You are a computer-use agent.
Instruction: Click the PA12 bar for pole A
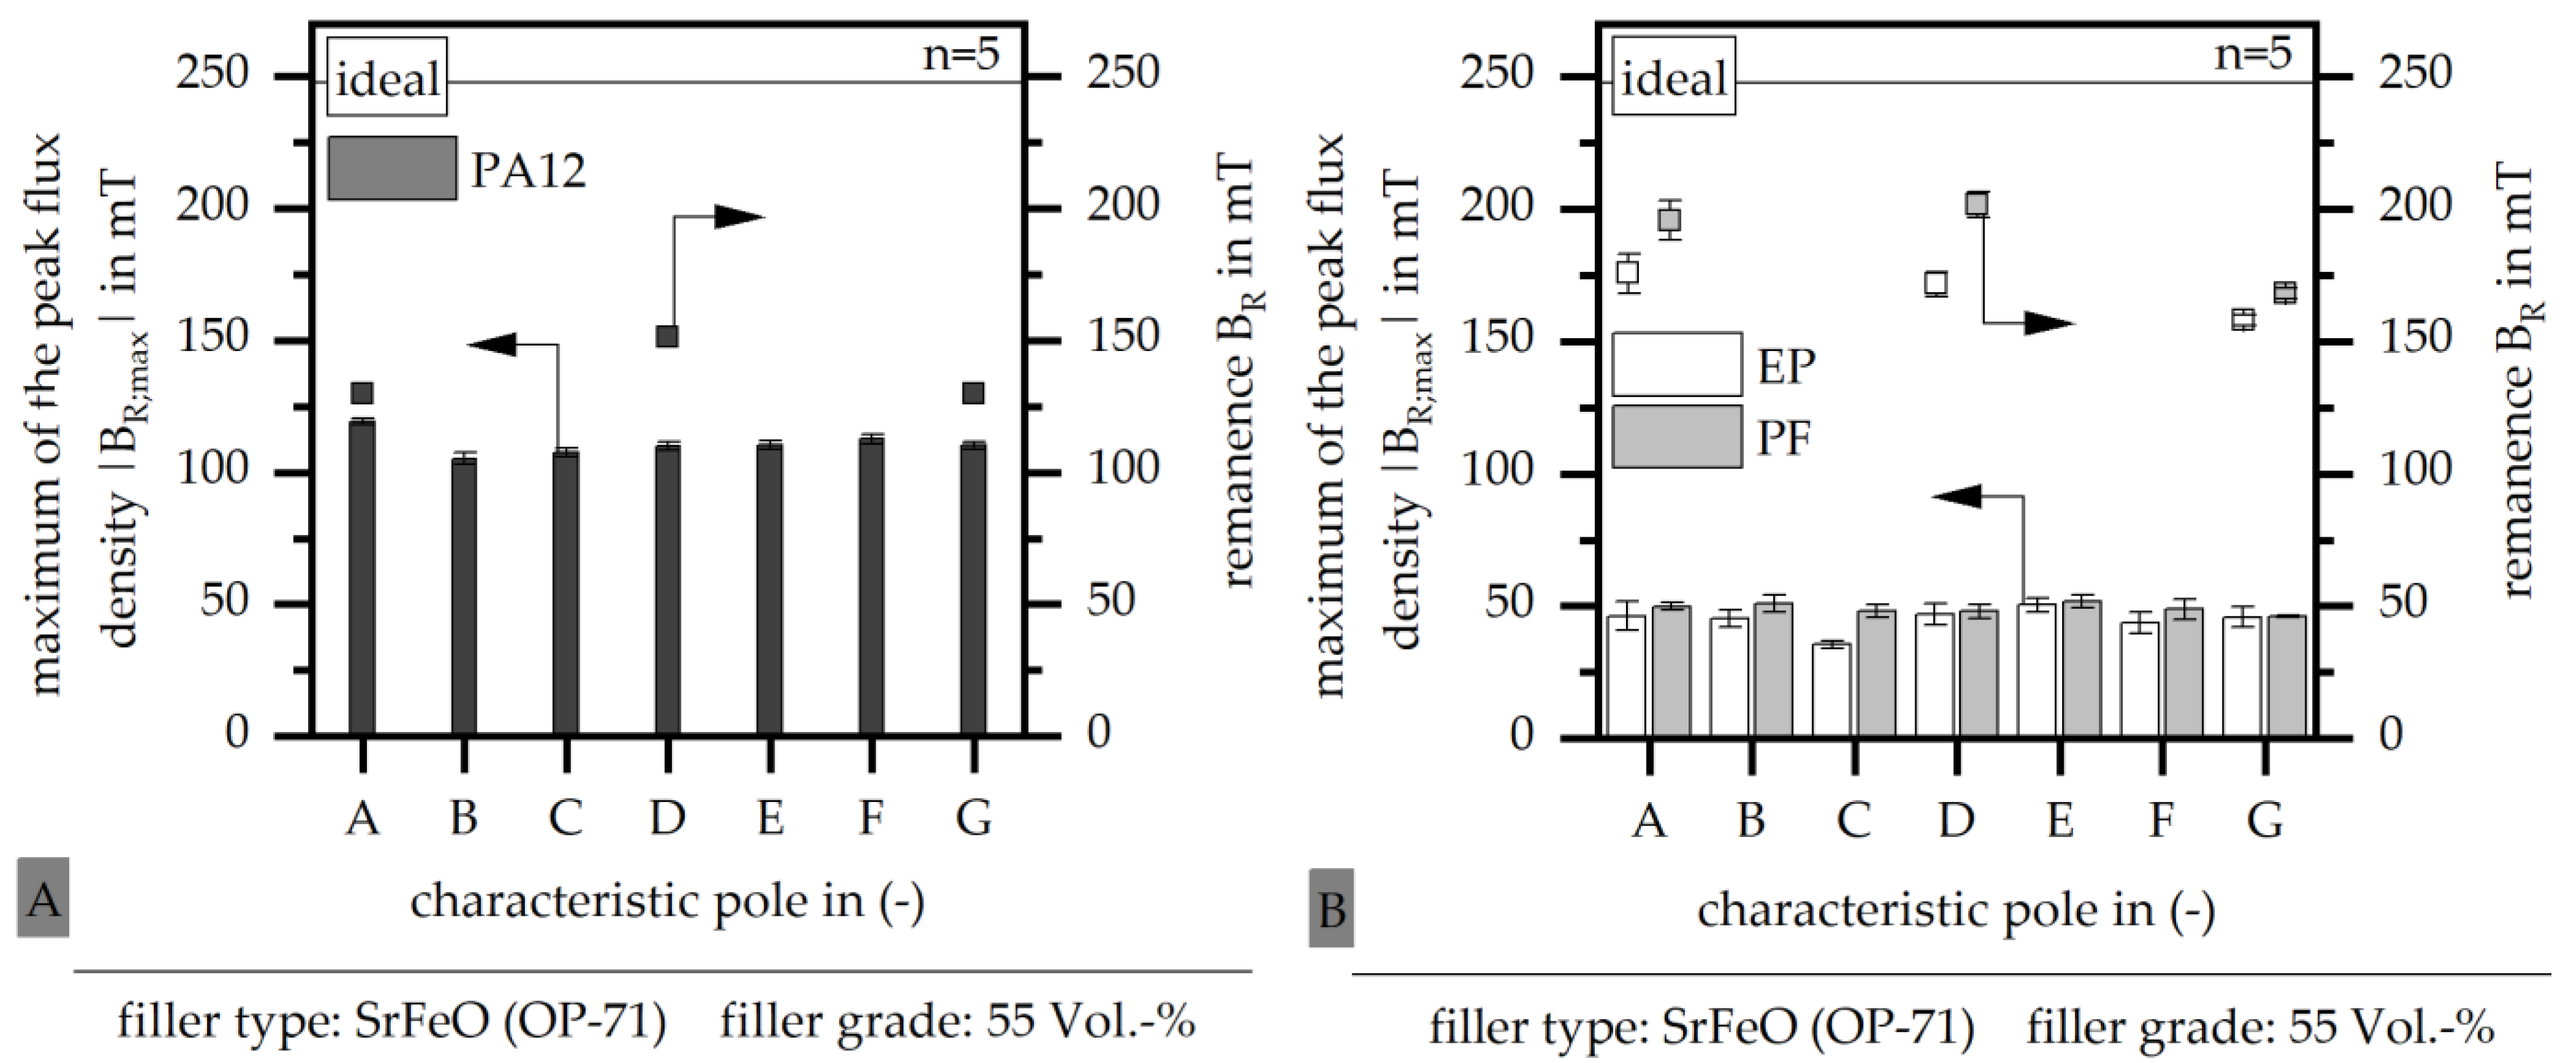tap(363, 578)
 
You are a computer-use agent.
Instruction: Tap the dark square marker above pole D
tap(667, 336)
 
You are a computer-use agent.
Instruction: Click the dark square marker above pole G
tap(973, 393)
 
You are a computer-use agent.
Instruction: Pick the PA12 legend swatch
tap(392, 168)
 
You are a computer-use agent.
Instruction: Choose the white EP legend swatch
tap(1677, 364)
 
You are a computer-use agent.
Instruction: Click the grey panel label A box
tap(43, 898)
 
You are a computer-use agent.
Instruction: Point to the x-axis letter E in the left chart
tap(770, 818)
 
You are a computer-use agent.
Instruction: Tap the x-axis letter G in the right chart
tap(2265, 820)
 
